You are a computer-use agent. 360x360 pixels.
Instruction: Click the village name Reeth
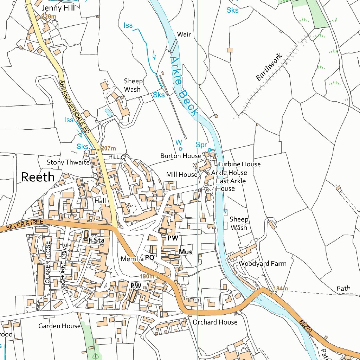[38, 177]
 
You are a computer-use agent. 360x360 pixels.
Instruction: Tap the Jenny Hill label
[58, 8]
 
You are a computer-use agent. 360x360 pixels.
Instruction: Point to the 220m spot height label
[49, 17]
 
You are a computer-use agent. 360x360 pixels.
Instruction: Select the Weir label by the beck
[184, 34]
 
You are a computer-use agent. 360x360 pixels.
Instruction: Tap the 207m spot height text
[108, 149]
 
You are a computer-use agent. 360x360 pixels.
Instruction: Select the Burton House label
[181, 155]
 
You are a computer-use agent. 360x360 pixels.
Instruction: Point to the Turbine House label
[239, 164]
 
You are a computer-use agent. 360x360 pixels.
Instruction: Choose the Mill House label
[182, 174]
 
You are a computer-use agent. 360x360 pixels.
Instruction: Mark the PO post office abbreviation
[150, 258]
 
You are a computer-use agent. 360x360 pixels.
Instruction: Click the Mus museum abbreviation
[185, 252]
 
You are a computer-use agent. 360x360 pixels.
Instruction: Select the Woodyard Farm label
[262, 263]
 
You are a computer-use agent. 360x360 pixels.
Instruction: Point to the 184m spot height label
[281, 289]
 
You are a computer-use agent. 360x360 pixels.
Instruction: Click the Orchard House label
[215, 322]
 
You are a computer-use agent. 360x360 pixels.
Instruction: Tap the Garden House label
[59, 326]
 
